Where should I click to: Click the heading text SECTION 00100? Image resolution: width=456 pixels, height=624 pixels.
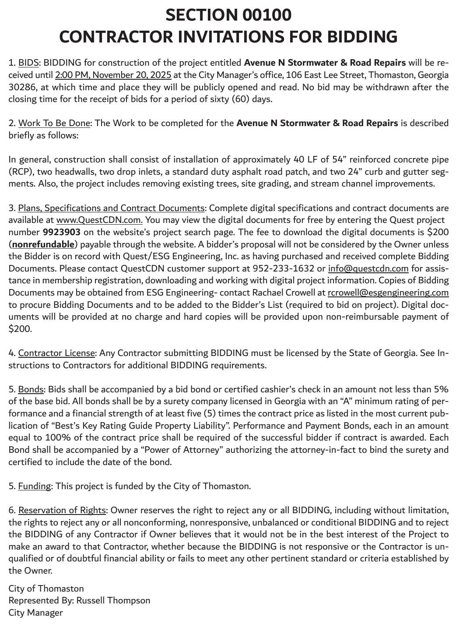tap(228, 15)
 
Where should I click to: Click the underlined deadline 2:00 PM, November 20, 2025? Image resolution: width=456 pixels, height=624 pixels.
tap(113, 75)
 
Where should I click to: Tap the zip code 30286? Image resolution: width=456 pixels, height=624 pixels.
tap(21, 87)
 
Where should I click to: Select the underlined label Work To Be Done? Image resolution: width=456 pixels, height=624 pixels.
tap(54, 123)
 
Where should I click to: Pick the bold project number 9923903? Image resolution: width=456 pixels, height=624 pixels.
tap(61, 232)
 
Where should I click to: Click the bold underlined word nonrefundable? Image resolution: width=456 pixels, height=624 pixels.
tap(43, 244)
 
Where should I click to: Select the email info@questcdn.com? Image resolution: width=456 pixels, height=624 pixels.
tap(368, 268)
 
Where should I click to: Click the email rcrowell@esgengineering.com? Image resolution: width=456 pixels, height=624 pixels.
tap(388, 293)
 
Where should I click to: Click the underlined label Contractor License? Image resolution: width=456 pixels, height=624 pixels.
tap(56, 353)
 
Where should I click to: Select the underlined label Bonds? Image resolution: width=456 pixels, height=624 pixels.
tap(31, 389)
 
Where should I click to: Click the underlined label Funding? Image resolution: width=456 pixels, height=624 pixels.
tap(34, 486)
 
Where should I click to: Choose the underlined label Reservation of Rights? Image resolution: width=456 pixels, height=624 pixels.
tap(62, 510)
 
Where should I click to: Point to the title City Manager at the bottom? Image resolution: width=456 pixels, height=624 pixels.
tap(35, 613)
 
